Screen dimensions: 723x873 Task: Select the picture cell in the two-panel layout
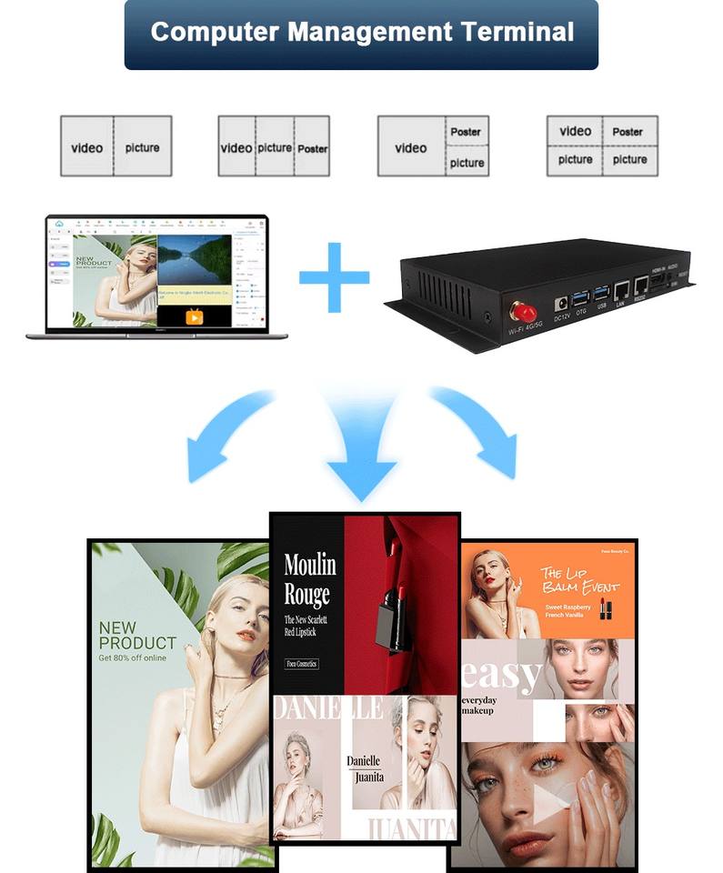143,147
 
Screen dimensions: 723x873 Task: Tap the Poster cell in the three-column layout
313,148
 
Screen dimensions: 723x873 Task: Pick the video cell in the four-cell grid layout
575,132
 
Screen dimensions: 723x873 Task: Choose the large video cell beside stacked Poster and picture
411,147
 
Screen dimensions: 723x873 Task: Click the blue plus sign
334,276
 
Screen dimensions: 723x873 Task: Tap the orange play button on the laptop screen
194,316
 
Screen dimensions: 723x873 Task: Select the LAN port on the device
622,290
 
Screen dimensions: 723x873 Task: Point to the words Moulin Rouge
309,579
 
